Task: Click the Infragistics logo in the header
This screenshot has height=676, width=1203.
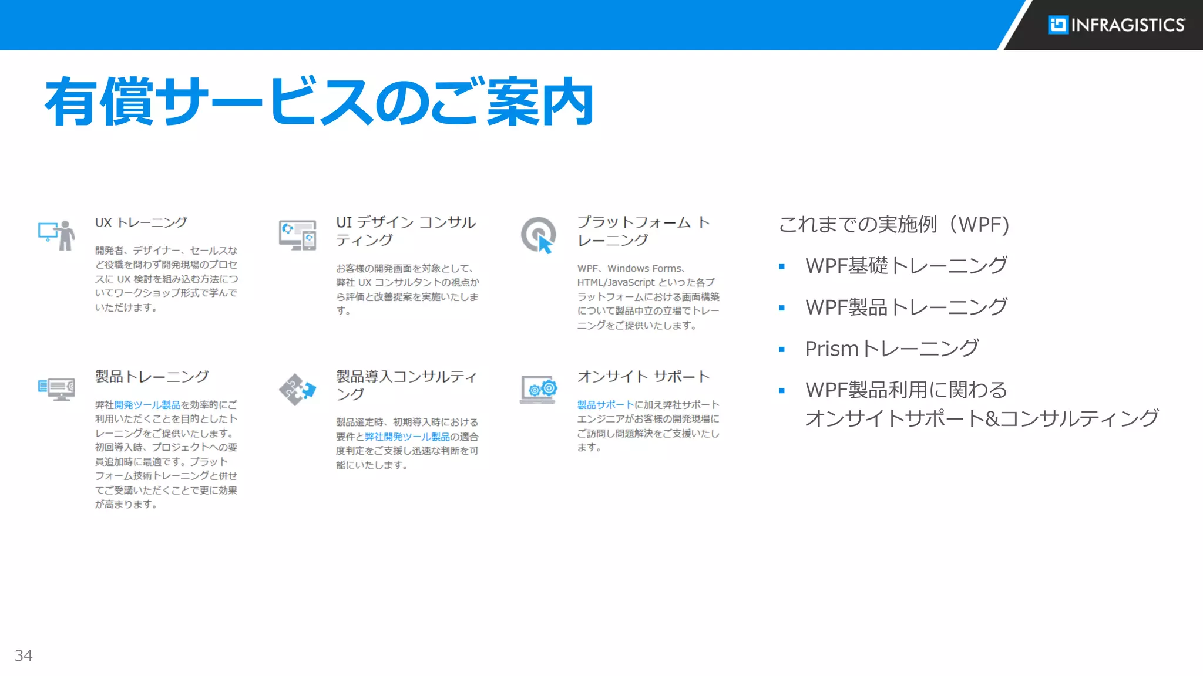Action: [x=1115, y=25]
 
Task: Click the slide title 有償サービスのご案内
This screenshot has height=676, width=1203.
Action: [x=319, y=102]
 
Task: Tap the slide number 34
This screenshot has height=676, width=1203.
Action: [x=23, y=655]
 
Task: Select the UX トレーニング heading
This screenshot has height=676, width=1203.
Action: [x=141, y=223]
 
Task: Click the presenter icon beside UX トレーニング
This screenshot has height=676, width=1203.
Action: [x=56, y=235]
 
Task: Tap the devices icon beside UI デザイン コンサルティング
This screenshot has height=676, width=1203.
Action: [x=297, y=235]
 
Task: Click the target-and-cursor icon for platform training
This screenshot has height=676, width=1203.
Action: [x=539, y=235]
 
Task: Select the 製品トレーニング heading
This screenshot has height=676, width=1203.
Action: [x=152, y=377]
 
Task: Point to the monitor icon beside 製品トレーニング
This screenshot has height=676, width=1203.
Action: [x=56, y=388]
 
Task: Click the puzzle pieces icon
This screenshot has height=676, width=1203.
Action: [x=297, y=389]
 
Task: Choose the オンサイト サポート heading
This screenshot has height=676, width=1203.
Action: [x=643, y=377]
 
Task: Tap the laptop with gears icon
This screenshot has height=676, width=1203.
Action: [x=539, y=389]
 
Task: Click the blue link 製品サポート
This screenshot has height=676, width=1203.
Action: [x=605, y=405]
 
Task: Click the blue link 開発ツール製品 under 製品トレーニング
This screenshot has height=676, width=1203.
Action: [x=147, y=405]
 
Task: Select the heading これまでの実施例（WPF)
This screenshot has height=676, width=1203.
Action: [x=893, y=225]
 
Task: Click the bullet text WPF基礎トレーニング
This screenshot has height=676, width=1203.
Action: [x=906, y=266]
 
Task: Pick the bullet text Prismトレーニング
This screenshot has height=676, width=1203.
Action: [x=891, y=349]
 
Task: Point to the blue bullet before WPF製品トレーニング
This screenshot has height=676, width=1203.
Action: [x=782, y=308]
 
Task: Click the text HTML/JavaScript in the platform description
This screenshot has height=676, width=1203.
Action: [x=615, y=283]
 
